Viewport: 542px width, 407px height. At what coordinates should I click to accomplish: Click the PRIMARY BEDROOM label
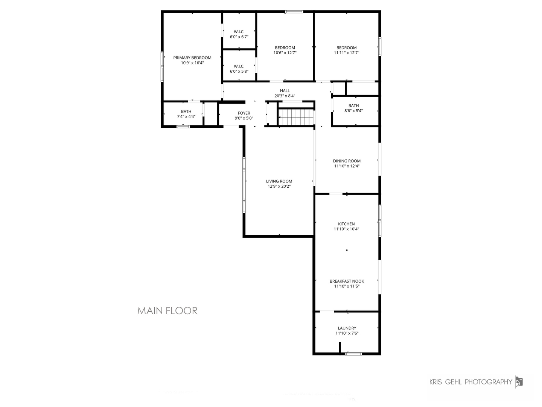[x=192, y=58]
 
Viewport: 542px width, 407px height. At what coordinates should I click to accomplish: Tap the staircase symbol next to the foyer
[x=296, y=117]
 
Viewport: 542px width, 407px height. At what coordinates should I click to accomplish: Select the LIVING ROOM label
[x=279, y=181]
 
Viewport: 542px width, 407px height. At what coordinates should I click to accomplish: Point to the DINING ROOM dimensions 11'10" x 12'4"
[x=347, y=166]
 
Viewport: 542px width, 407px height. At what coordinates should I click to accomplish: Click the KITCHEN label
[x=346, y=224]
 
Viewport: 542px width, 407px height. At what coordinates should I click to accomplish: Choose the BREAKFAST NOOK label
[x=347, y=281]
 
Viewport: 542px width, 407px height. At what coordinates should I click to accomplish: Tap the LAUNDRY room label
[x=347, y=328]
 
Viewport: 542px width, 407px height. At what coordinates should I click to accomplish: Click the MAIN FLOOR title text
[x=167, y=311]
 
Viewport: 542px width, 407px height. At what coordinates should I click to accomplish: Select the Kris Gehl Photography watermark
[x=476, y=382]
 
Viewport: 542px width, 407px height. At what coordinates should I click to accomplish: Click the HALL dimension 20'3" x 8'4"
[x=285, y=96]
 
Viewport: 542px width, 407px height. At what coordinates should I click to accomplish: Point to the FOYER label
[x=244, y=113]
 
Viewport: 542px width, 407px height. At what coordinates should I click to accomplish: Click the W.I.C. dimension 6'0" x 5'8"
[x=239, y=72]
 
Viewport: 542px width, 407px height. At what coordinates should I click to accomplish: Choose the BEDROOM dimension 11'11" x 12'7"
[x=346, y=53]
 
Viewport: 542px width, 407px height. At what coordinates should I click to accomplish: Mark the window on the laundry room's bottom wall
[x=353, y=354]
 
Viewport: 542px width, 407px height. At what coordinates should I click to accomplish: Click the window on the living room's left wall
[x=244, y=185]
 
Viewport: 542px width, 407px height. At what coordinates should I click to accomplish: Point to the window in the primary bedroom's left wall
[x=162, y=66]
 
